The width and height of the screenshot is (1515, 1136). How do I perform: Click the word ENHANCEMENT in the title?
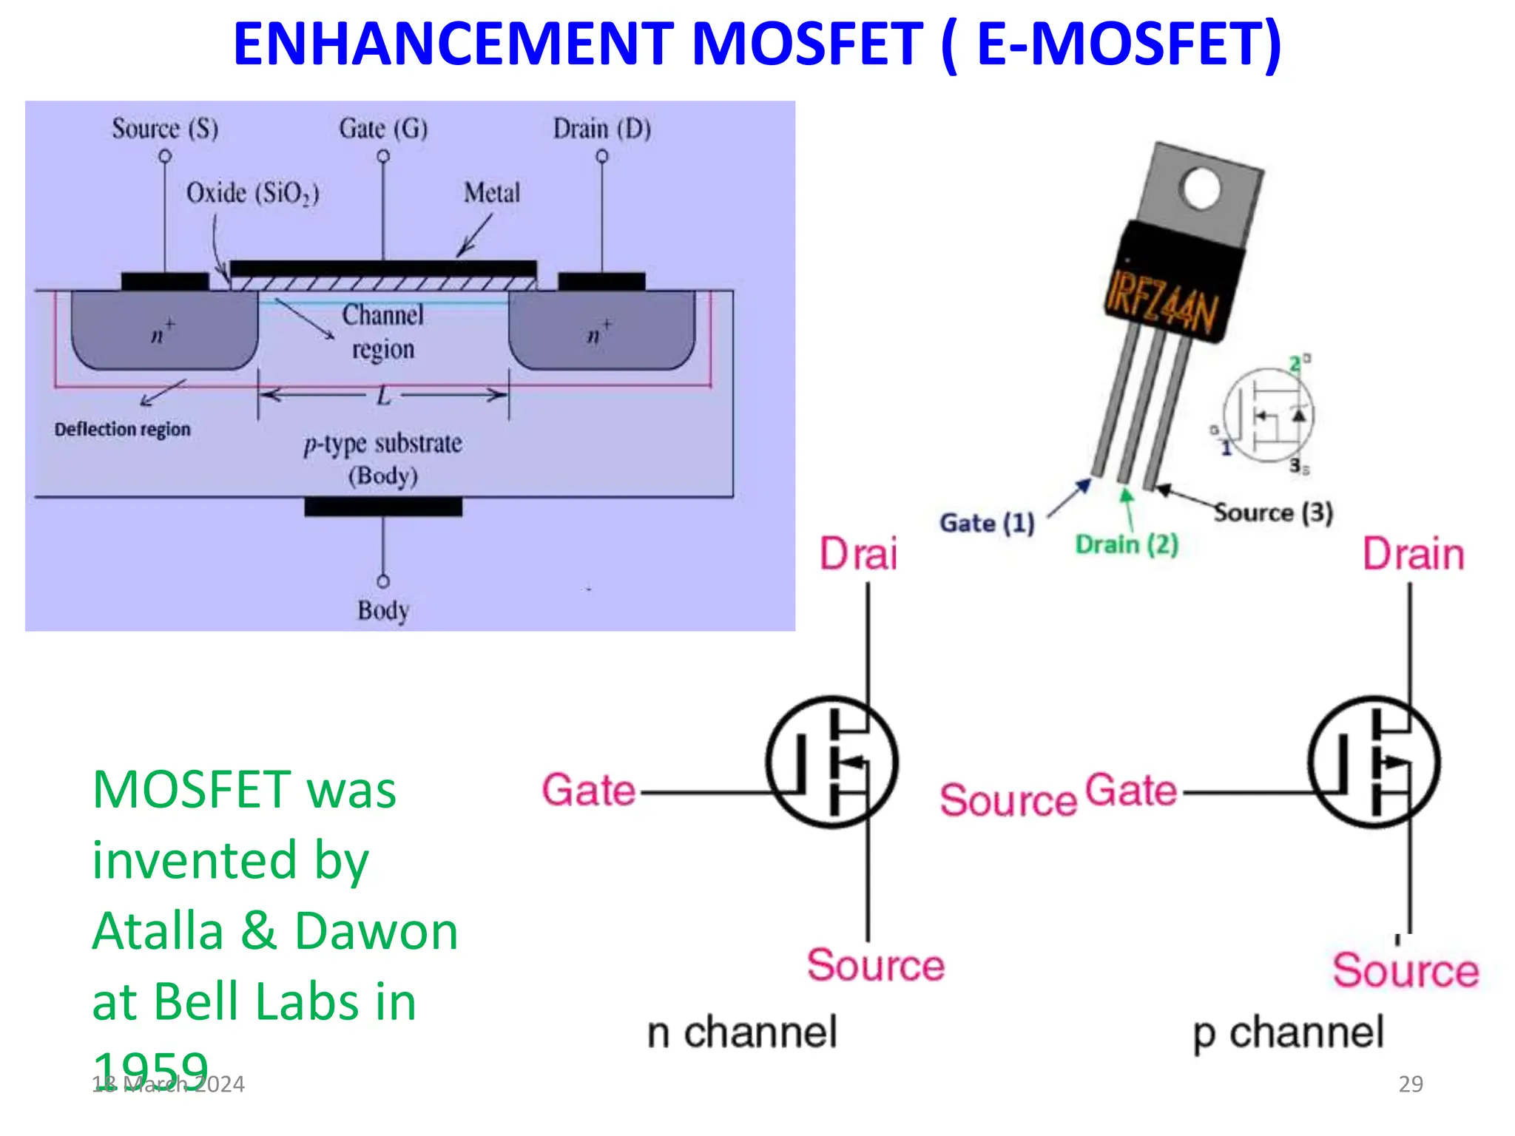[453, 44]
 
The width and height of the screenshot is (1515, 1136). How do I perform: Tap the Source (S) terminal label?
[165, 129]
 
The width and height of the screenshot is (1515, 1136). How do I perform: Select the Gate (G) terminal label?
[383, 129]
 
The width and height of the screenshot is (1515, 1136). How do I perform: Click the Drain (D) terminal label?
[602, 129]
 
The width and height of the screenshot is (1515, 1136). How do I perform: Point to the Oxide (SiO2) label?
[252, 194]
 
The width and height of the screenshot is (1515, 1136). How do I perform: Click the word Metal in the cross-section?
[492, 193]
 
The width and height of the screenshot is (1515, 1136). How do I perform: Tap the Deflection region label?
[122, 430]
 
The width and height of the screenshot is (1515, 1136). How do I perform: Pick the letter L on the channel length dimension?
[383, 396]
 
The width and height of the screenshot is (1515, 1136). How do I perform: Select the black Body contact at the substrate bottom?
[383, 507]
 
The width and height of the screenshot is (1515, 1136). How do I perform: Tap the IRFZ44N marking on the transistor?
[1162, 304]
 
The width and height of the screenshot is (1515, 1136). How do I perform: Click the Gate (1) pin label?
[987, 523]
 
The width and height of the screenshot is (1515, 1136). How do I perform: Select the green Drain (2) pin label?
[1127, 545]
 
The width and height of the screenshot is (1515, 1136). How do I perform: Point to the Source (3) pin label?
[1273, 513]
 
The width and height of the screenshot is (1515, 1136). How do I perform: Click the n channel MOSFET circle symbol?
[832, 762]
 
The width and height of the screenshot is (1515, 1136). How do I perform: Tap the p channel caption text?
[1288, 1032]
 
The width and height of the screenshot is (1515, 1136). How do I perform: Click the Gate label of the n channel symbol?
[589, 790]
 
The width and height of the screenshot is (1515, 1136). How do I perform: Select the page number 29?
[1411, 1083]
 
